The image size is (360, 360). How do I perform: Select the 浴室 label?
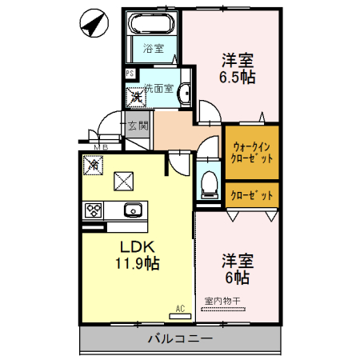[153, 48]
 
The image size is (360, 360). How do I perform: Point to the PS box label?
[130, 74]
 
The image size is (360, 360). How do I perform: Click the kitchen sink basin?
[132, 211]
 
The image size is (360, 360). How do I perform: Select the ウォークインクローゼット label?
[251, 153]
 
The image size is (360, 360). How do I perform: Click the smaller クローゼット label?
[251, 194]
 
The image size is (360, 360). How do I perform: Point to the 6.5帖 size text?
[238, 78]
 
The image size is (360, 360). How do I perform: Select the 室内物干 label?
[227, 301]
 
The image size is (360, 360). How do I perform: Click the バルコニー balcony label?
[180, 338]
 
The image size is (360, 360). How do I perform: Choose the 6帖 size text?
[236, 278]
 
